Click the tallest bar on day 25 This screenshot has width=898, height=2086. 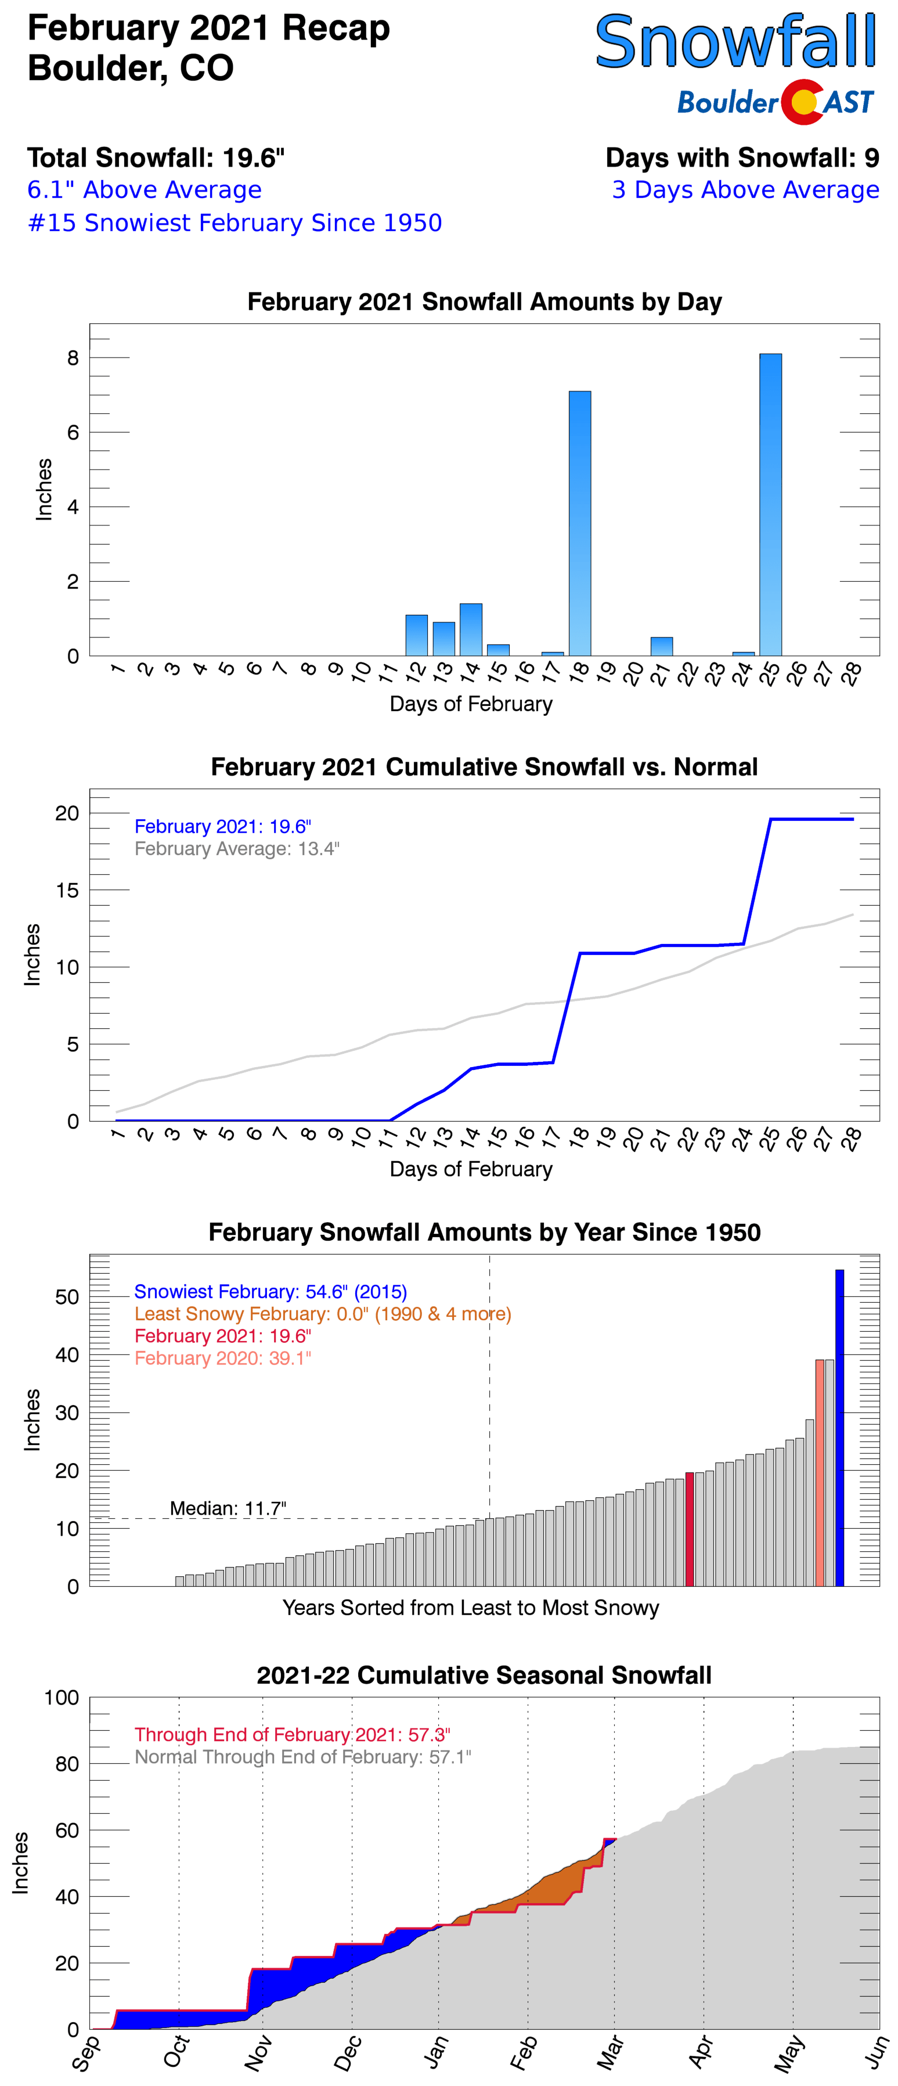770,504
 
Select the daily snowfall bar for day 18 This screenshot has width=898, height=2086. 580,523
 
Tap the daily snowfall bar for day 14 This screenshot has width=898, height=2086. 470,629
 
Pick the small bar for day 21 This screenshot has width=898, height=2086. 662,646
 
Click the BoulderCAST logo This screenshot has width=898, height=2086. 775,102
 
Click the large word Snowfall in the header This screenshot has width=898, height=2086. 735,42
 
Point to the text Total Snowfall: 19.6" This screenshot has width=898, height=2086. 156,157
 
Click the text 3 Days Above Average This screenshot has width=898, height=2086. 745,189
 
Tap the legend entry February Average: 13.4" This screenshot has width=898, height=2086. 236,849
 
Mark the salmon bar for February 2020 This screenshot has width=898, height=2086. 820,1474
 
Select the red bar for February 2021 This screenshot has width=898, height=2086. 690,1530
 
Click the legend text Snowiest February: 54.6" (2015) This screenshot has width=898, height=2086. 271,1292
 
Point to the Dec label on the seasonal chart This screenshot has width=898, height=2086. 347,2053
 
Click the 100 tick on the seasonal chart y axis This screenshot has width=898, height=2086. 62,1697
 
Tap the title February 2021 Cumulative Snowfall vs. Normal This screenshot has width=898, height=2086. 484,767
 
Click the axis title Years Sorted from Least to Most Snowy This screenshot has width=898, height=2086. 470,1608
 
